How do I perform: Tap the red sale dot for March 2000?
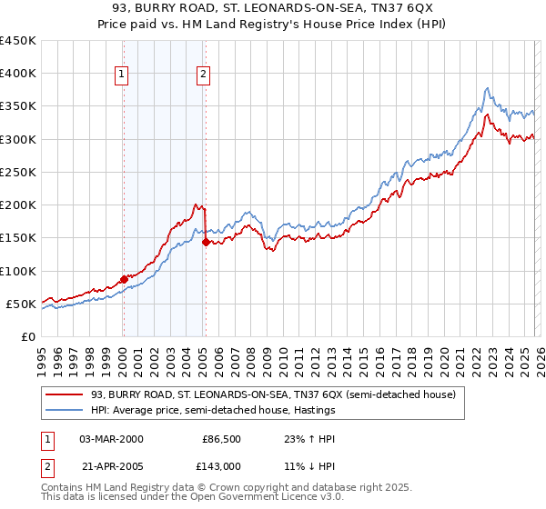tap(124, 279)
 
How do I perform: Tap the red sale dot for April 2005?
tap(206, 242)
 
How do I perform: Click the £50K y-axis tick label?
tap(23, 304)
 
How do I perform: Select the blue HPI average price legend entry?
tap(213, 411)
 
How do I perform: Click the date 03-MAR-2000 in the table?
tap(111, 438)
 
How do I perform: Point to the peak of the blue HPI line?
tap(487, 88)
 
